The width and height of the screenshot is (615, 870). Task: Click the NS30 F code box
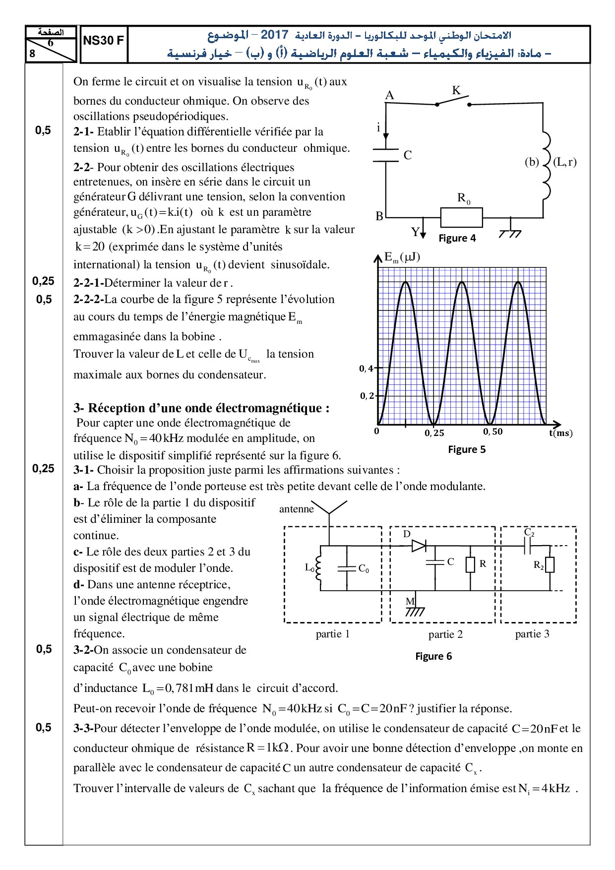tap(103, 41)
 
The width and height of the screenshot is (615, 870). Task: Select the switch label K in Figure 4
tap(456, 90)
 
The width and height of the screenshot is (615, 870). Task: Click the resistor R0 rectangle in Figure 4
tap(461, 217)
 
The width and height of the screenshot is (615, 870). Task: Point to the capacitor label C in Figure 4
tap(408, 155)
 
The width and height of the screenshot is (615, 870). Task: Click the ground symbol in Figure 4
tap(510, 232)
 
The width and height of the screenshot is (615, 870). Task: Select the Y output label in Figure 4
tap(416, 232)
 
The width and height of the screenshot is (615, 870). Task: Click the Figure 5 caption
tap(467, 449)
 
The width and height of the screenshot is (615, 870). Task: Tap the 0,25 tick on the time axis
tap(434, 433)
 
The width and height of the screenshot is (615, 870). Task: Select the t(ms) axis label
tap(560, 433)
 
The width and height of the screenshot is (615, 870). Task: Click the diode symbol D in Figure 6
tap(419, 546)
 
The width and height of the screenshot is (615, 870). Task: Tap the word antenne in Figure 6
tap(297, 509)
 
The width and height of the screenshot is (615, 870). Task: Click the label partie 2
tap(445, 634)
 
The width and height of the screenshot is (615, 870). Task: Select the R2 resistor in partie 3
tap(550, 565)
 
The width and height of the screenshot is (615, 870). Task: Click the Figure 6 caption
tap(433, 656)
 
